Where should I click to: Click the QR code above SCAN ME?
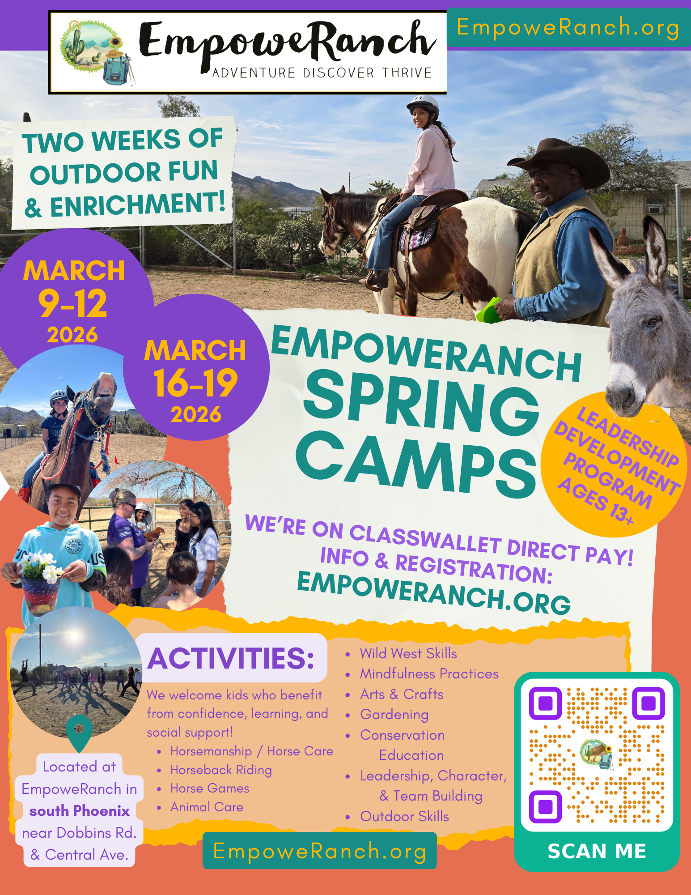tap(597, 754)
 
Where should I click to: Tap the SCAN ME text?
tap(597, 851)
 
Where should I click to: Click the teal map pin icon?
tap(79, 732)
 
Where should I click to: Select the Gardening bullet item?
tap(394, 715)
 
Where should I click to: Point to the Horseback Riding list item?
tap(221, 770)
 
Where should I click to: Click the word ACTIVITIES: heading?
tap(231, 658)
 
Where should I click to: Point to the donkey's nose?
tap(624, 394)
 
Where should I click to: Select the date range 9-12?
tap(73, 303)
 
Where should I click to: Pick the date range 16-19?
tap(195, 383)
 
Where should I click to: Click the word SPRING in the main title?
tap(420, 405)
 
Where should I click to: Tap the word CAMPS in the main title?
tap(416, 465)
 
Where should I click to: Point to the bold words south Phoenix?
tap(79, 811)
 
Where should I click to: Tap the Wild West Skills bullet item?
tap(408, 654)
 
